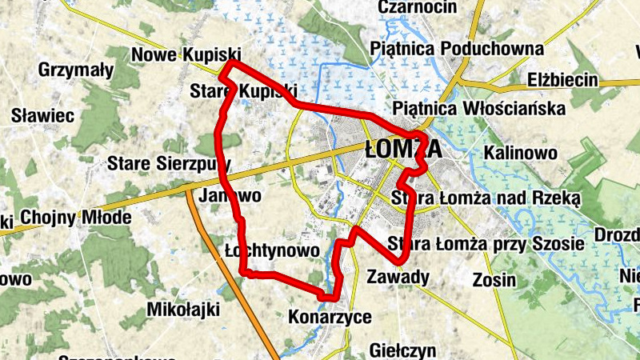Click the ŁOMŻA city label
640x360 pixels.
(x=402, y=150)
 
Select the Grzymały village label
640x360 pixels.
(x=76, y=70)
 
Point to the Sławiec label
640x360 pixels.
(x=42, y=115)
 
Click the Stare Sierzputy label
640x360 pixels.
(x=169, y=164)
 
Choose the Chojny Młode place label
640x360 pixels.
(x=76, y=218)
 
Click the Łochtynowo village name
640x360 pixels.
(x=273, y=250)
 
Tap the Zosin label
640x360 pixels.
(x=494, y=280)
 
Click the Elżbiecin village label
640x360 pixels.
(x=563, y=80)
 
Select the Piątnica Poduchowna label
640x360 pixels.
(x=457, y=50)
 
